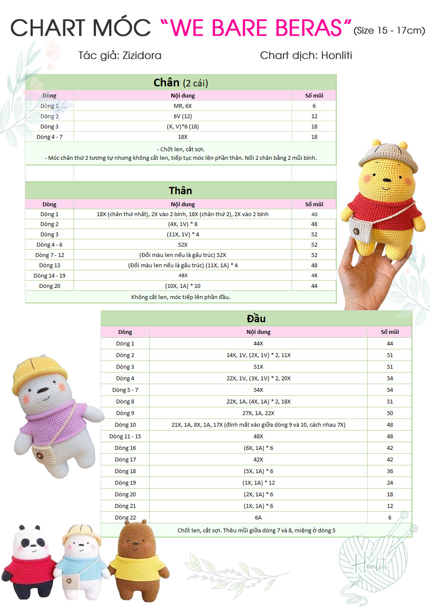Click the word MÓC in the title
pyautogui.click(x=122, y=28)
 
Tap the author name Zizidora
pyautogui.click(x=142, y=55)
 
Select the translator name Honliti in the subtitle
pyautogui.click(x=336, y=55)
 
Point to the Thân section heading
pyautogui.click(x=181, y=191)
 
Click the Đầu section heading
pyautogui.click(x=256, y=319)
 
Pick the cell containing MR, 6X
pyautogui.click(x=183, y=106)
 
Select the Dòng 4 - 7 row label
pyautogui.click(x=49, y=137)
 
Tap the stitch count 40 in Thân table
pyautogui.click(x=314, y=214)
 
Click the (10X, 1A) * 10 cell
pyautogui.click(x=183, y=286)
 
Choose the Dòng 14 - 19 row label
pyautogui.click(x=49, y=276)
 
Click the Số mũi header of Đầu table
pyautogui.click(x=390, y=332)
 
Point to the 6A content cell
pyautogui.click(x=258, y=518)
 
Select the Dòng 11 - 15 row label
pyautogui.click(x=125, y=437)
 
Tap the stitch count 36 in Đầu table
pyautogui.click(x=390, y=471)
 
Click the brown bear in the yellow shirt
pyautogui.click(x=138, y=559)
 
